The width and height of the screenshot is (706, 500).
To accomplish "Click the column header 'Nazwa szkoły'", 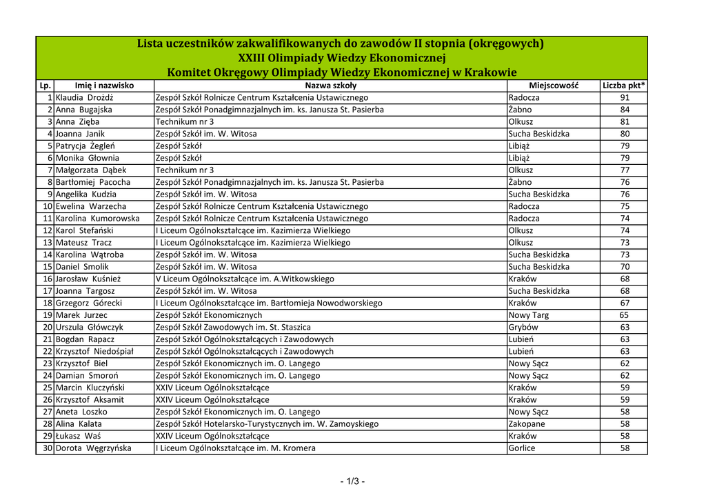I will pos(330,86).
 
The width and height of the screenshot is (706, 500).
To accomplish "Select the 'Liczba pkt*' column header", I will pos(623,86).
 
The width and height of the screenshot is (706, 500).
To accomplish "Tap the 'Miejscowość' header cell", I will pos(553,86).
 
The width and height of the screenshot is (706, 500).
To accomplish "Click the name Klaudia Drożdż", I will pos(83,98).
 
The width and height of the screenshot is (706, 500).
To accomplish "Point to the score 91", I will pos(625,98).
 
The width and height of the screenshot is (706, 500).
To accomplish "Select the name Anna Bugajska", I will pos(83,110).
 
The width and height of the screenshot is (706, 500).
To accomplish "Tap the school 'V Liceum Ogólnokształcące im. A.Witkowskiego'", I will pos(245,279).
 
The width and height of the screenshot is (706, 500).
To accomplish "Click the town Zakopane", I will pos(527,424).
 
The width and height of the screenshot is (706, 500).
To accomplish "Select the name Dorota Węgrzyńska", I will pos(94,448).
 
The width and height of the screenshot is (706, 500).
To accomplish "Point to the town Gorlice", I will pos(522,448).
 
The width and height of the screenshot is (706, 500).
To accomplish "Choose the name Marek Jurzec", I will pos(83,315).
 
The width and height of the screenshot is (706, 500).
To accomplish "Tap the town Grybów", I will pos(523,327).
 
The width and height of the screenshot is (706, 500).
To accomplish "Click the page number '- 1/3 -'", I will pos(352,481).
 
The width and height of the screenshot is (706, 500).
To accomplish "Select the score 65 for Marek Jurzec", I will pos(625,315).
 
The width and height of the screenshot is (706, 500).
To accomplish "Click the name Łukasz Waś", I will pos(78,436).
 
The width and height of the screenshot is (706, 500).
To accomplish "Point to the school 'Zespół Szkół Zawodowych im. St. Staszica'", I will pos(233,327).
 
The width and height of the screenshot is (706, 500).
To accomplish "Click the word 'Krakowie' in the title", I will pos(490,72).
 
